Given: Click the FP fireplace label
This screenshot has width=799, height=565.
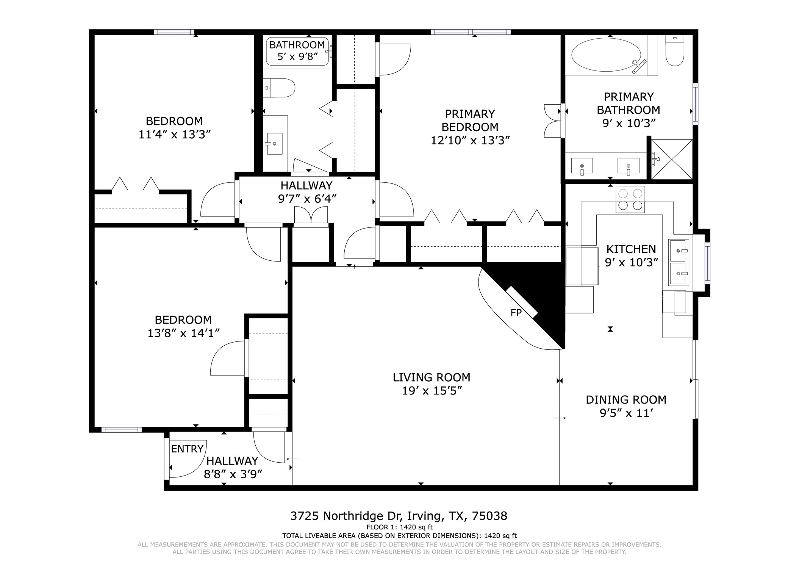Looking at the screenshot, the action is [x=516, y=313].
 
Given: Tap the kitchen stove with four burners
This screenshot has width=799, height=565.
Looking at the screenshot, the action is [x=630, y=199].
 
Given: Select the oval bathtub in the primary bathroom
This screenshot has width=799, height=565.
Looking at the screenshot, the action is [x=606, y=56].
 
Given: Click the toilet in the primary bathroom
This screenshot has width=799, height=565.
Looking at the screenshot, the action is [x=675, y=50].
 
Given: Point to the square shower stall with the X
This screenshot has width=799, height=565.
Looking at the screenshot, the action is [x=672, y=159].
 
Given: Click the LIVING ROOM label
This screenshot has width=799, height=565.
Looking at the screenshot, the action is [x=432, y=377].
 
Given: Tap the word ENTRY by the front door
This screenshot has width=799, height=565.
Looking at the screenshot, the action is [x=187, y=449].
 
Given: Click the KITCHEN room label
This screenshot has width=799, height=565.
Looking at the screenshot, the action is [x=631, y=249].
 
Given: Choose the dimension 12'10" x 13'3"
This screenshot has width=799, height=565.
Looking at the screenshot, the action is [x=470, y=140].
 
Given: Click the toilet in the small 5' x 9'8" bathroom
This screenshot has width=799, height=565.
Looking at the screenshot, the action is [x=279, y=88].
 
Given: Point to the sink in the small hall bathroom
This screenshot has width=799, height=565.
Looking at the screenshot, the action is [x=275, y=144].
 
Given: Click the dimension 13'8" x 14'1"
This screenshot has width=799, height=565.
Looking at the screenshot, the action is [x=183, y=333].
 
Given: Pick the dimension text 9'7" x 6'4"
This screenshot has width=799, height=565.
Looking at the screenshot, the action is [x=307, y=199].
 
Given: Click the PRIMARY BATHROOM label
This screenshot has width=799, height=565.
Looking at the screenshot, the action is [x=629, y=103].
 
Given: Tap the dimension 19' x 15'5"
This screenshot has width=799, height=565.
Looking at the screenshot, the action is [x=432, y=391].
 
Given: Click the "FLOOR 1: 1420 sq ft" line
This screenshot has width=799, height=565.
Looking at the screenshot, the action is [x=399, y=527].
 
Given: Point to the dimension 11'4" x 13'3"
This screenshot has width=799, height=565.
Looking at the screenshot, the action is [x=174, y=134].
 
